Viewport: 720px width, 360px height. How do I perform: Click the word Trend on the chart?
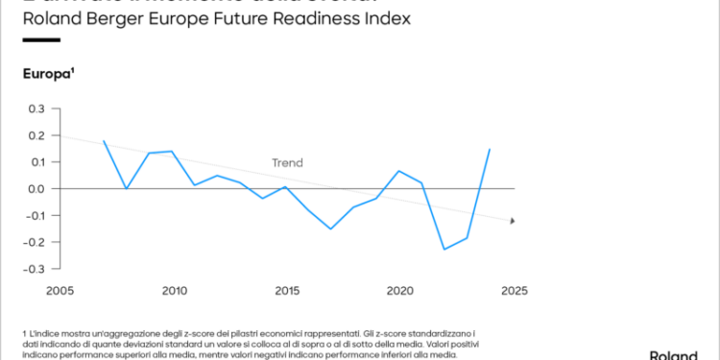[287, 163]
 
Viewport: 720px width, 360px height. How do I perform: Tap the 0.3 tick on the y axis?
[36, 109]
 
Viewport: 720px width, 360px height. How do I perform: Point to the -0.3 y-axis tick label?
[34, 268]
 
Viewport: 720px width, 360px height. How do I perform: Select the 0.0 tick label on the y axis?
[36, 189]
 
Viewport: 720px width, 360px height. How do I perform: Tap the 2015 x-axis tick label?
[286, 289]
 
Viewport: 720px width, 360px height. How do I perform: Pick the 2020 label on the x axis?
[399, 289]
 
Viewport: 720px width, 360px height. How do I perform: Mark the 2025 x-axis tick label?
[514, 289]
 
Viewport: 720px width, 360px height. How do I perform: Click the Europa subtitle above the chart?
[48, 74]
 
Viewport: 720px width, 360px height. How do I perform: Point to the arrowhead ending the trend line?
[513, 221]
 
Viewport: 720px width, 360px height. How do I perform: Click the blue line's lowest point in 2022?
[444, 250]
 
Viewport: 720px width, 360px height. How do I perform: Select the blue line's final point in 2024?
[490, 149]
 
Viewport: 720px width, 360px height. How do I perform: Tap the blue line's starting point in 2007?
[104, 141]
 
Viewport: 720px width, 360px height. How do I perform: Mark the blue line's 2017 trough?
[331, 228]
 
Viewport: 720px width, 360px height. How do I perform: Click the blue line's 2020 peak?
[399, 171]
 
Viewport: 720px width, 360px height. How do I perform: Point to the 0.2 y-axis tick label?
[36, 136]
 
